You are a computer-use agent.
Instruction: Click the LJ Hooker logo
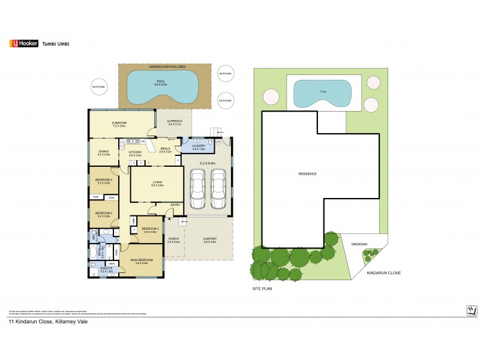[x=22, y=43]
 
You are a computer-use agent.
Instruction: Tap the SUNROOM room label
[x=118, y=124]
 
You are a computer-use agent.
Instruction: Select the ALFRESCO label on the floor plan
[x=173, y=123]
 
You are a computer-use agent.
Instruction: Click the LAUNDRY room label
[x=199, y=146]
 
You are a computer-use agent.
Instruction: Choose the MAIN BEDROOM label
[x=142, y=261]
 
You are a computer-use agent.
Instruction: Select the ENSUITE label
[x=107, y=270]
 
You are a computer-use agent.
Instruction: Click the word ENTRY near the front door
[x=175, y=205]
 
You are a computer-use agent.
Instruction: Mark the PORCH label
[x=174, y=240]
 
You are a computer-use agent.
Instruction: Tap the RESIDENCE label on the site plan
[x=308, y=174]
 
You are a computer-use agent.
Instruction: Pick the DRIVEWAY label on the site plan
[x=360, y=244]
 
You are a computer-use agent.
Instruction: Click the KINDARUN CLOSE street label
[x=383, y=273]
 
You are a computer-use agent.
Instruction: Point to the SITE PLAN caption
[x=262, y=289]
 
